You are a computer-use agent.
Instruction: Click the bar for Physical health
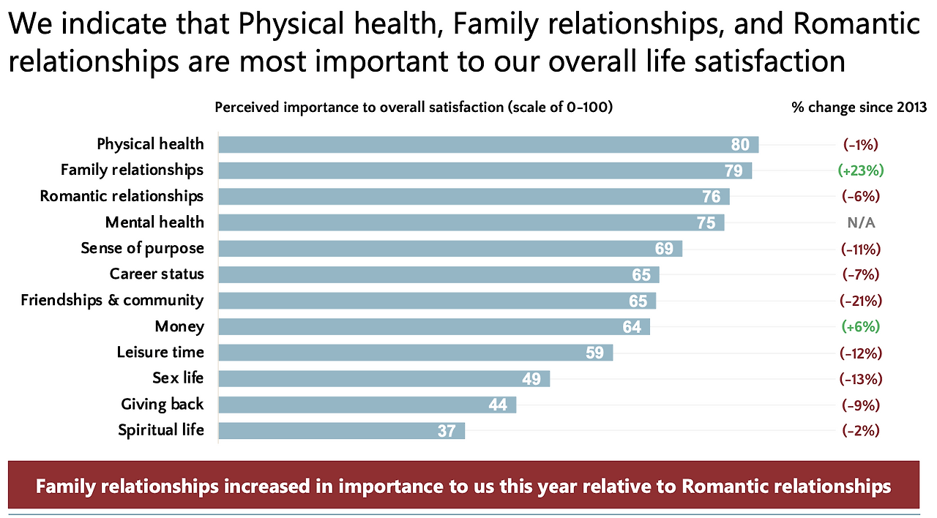coord(488,144)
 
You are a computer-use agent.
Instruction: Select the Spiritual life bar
coord(341,430)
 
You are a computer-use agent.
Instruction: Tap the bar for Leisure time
coord(415,353)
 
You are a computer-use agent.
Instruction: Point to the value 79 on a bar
coord(733,170)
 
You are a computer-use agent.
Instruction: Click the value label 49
coord(531,379)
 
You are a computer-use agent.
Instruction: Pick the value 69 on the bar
coord(664,249)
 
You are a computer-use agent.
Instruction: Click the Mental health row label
coord(154,222)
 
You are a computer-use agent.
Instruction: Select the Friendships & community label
coord(112,300)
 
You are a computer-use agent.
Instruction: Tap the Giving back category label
coord(162,405)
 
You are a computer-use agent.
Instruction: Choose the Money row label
coord(179,326)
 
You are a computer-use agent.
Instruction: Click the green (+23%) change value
coord(861,170)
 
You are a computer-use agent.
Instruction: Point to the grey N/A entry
coord(861,223)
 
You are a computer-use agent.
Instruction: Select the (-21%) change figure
coord(861,301)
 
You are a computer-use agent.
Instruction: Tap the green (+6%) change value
coord(861,326)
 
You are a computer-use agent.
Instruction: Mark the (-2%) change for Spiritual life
coord(861,430)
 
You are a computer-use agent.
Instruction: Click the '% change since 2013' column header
coord(859,108)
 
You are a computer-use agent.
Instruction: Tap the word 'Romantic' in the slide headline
coord(856,26)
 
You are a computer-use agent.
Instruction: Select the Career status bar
coord(438,274)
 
